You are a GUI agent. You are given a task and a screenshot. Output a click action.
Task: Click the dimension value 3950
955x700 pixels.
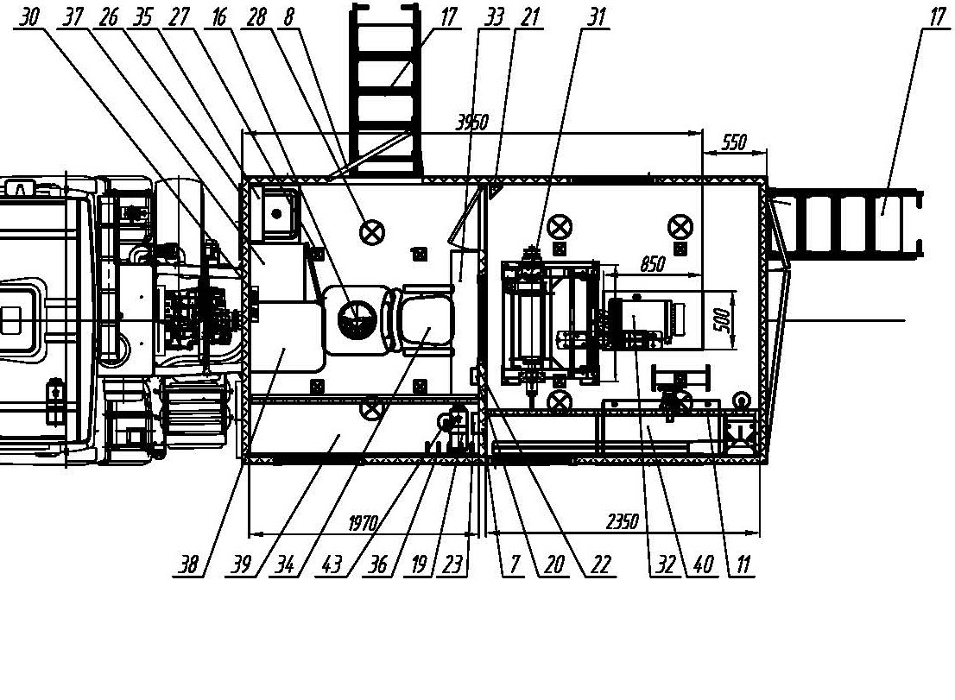click(472, 123)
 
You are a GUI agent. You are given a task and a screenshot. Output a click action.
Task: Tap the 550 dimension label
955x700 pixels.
click(734, 142)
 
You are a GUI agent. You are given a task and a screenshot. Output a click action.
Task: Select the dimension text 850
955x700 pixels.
click(652, 264)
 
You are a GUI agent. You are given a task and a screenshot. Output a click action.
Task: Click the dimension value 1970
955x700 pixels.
click(364, 523)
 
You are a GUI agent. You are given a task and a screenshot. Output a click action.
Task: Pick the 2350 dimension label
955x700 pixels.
click(623, 521)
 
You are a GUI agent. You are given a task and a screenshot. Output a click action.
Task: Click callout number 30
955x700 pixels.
click(28, 17)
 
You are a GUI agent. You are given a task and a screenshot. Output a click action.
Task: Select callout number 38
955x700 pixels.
click(188, 564)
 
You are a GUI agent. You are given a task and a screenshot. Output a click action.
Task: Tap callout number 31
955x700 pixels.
click(597, 17)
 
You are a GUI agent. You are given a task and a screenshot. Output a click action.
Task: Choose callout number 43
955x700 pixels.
click(332, 564)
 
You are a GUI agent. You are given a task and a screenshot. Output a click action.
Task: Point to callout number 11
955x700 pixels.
click(743, 564)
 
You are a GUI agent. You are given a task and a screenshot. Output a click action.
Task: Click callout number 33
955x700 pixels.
click(494, 17)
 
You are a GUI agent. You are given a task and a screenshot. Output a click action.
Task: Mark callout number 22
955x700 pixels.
click(600, 564)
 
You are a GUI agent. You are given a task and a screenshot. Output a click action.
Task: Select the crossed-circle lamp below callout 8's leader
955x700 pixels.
click(372, 232)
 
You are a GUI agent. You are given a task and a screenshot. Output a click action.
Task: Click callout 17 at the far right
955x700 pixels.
click(939, 17)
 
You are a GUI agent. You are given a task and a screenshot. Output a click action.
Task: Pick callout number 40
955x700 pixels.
click(704, 564)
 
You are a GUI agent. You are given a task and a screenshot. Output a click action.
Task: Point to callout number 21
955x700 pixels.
click(530, 17)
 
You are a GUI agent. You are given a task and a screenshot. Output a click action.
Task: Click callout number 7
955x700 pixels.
click(515, 564)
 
